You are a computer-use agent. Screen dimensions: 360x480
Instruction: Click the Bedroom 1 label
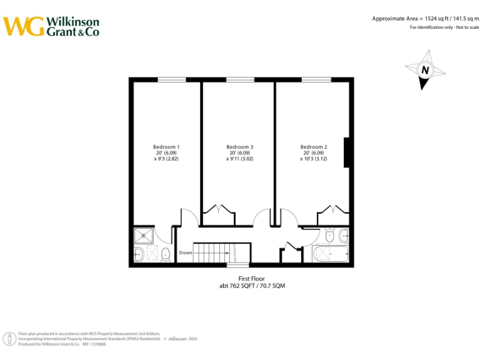(166, 147)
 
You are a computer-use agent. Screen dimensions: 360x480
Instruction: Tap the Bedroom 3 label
(239, 147)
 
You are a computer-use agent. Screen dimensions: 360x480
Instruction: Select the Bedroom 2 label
(313, 147)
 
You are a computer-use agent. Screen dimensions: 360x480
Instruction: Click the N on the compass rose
(425, 71)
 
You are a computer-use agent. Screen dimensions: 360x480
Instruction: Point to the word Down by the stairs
(186, 252)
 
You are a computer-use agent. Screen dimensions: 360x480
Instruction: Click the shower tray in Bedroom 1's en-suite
(144, 236)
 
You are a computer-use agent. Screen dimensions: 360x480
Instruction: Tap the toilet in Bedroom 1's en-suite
(165, 254)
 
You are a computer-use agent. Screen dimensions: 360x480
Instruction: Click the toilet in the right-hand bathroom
(329, 236)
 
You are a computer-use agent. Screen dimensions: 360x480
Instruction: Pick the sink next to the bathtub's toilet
(344, 236)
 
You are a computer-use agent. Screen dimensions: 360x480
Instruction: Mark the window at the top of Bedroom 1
(171, 79)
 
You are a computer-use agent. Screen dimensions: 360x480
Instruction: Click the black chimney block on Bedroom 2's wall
(347, 152)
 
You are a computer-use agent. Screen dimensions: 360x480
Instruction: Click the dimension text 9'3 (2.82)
(166, 159)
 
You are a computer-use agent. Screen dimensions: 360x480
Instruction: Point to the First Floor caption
(252, 278)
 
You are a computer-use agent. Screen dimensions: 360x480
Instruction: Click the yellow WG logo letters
(24, 26)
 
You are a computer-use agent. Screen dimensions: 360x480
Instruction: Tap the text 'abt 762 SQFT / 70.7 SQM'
(252, 286)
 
